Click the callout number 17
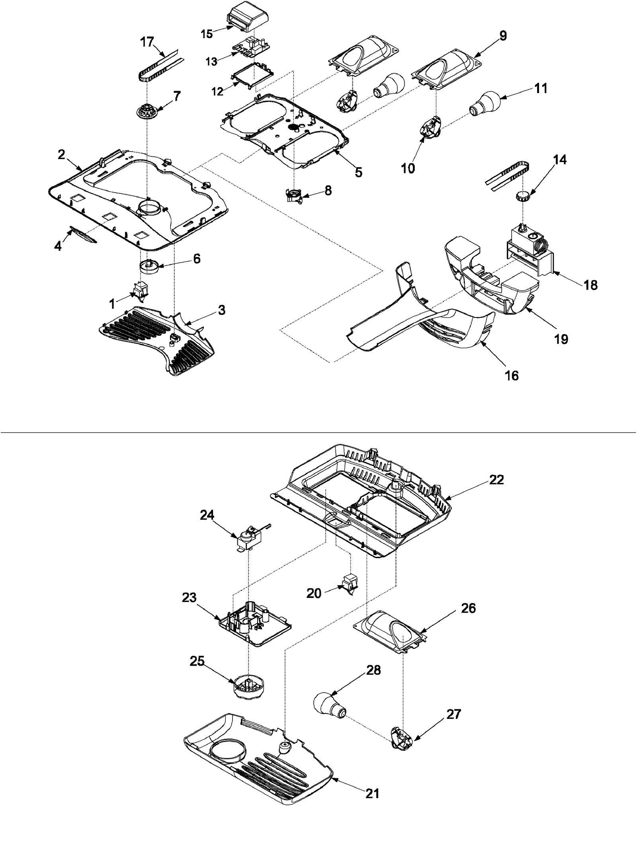pos(147,41)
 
